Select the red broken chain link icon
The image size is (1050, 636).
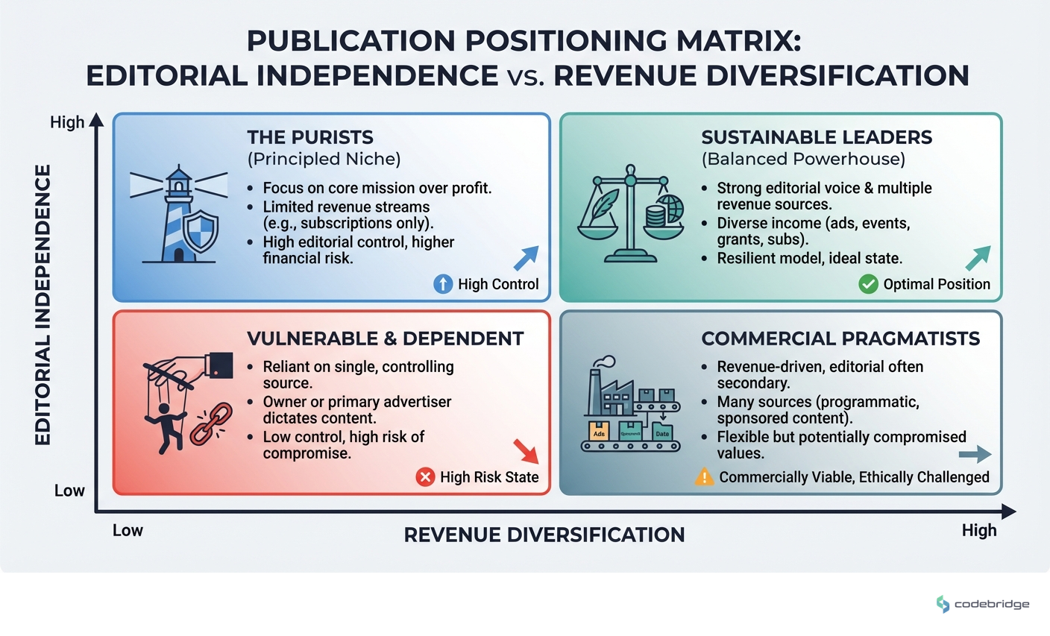(204, 424)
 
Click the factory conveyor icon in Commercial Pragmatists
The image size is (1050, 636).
(631, 406)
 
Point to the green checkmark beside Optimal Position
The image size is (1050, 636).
(868, 284)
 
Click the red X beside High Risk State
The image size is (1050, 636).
(425, 477)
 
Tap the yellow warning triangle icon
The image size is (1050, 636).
(704, 477)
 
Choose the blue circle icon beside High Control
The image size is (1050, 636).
(443, 284)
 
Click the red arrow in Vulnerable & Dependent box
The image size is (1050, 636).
(526, 452)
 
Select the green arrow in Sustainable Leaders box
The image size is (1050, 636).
(978, 258)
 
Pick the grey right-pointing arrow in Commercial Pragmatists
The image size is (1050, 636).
(974, 454)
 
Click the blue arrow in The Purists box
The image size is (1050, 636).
(526, 258)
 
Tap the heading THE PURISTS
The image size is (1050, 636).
(310, 137)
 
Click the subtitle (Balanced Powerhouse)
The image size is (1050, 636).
(803, 159)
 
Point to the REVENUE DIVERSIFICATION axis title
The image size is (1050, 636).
(544, 535)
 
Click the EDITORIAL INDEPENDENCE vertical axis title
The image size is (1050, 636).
(43, 305)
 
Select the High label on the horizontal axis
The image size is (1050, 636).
(978, 530)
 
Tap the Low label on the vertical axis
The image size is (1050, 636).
(69, 491)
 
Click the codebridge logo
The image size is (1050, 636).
(982, 604)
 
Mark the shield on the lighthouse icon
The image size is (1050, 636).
(201, 231)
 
